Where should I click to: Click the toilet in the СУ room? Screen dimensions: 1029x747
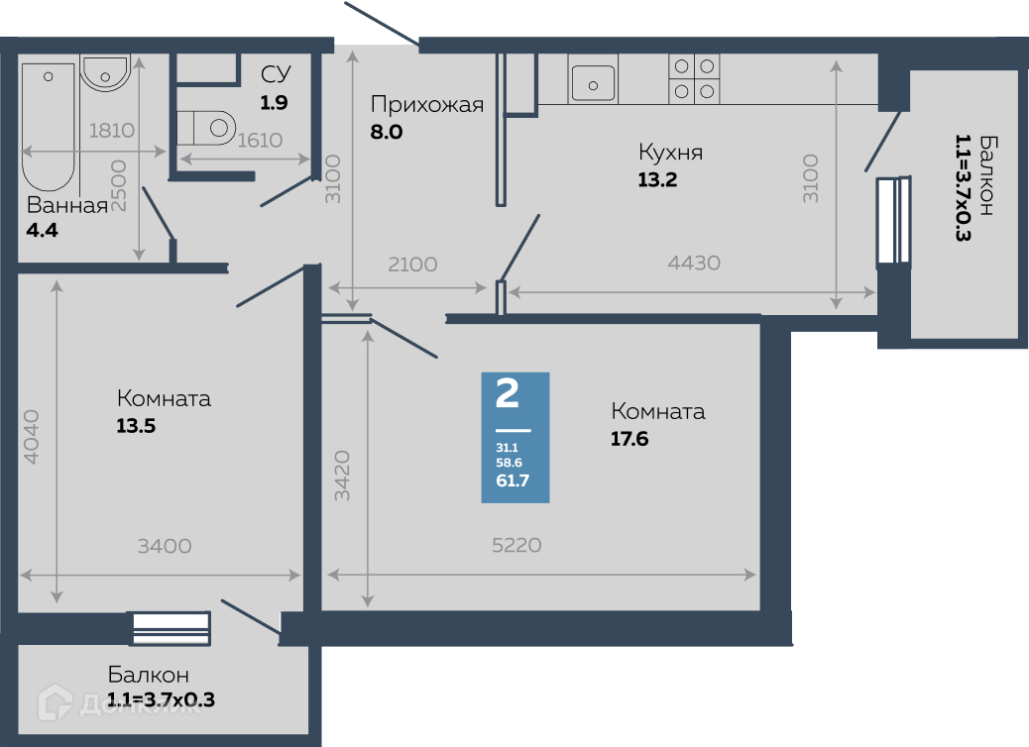(x=206, y=128)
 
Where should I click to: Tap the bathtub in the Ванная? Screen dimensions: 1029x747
(x=48, y=127)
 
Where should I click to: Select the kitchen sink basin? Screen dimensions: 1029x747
(x=593, y=84)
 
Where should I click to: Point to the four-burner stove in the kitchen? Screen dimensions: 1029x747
(x=694, y=78)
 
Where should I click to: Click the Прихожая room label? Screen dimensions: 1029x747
(x=427, y=104)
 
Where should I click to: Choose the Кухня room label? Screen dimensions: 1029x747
(x=671, y=153)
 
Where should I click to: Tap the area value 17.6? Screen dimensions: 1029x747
(x=629, y=439)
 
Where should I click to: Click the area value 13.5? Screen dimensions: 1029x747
(x=136, y=426)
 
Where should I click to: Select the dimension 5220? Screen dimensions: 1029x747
(x=517, y=545)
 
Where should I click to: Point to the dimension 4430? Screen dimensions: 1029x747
(x=694, y=263)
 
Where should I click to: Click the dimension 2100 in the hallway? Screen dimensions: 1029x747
(x=412, y=265)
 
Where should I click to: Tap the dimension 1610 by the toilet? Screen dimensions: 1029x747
(x=260, y=141)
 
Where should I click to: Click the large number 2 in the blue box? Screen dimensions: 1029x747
(x=508, y=393)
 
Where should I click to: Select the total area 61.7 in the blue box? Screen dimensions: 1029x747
(x=513, y=480)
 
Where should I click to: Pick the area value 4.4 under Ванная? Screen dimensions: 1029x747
(x=42, y=230)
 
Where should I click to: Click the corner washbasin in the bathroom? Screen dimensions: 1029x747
(x=105, y=73)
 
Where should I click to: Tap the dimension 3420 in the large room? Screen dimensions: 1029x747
(x=342, y=476)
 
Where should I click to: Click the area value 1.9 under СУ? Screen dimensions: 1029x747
(x=274, y=103)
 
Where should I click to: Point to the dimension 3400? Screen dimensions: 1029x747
(x=165, y=546)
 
